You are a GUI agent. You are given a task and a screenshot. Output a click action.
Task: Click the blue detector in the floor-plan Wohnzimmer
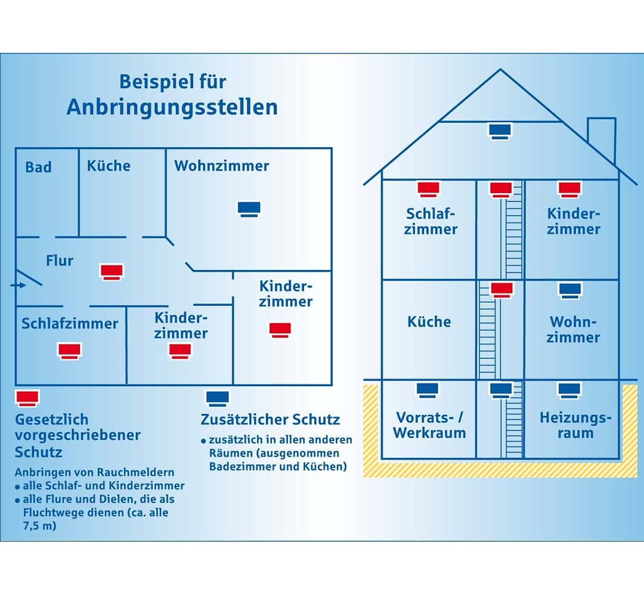pos(249,209)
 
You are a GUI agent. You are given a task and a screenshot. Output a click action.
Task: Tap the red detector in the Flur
pos(112,272)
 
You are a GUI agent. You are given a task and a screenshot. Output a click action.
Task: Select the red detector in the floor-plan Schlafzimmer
pos(69,352)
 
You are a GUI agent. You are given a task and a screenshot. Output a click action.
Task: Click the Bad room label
pos(39,167)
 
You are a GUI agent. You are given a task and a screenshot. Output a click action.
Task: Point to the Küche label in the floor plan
pos(109,166)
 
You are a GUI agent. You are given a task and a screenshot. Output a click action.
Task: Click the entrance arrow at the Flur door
pos(18,285)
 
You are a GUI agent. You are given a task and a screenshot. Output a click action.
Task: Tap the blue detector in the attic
pos(500,131)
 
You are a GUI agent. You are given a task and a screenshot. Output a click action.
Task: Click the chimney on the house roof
pos(602,139)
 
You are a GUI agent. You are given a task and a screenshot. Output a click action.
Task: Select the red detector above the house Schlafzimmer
pos(428,190)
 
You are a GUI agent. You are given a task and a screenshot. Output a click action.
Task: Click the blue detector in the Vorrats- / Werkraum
pos(428,390)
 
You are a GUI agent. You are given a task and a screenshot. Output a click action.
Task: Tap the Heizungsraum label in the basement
pos(575,425)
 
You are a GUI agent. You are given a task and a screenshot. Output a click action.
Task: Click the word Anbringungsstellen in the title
pos(172,107)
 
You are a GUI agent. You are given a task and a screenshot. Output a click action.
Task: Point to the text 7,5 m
pos(39,526)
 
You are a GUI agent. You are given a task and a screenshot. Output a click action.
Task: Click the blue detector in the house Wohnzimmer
pos(569,291)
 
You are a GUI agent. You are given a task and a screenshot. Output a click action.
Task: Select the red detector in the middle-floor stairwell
pos(501,290)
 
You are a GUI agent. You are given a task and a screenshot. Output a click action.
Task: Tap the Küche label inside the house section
pos(429,322)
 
